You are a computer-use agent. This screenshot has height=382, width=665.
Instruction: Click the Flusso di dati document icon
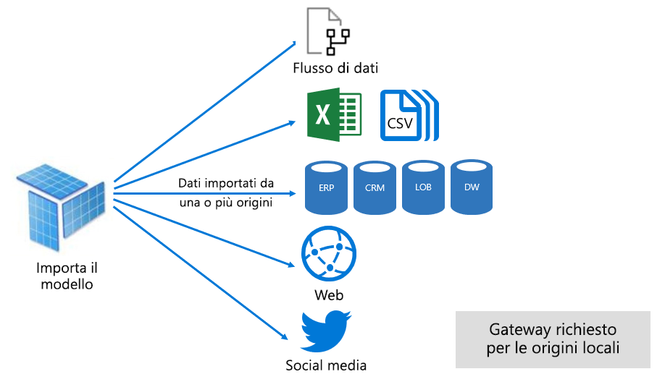coord(327,31)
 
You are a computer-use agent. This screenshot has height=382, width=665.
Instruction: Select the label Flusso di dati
coord(336,68)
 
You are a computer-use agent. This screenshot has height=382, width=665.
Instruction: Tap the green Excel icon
coord(333,116)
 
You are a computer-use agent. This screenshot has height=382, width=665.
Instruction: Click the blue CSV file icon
coord(409,116)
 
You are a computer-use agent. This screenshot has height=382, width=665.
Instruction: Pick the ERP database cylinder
coord(327,187)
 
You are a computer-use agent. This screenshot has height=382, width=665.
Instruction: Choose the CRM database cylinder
coord(375,187)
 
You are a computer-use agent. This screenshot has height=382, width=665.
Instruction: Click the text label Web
coord(329,295)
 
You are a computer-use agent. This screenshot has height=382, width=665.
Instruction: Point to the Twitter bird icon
coord(326,331)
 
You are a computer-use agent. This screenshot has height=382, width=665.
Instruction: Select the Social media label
coord(326,365)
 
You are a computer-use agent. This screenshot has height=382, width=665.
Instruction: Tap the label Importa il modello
coord(66,276)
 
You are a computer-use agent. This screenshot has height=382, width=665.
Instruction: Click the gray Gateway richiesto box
coord(553,339)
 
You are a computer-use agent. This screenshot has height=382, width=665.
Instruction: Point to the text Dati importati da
coord(225,183)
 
